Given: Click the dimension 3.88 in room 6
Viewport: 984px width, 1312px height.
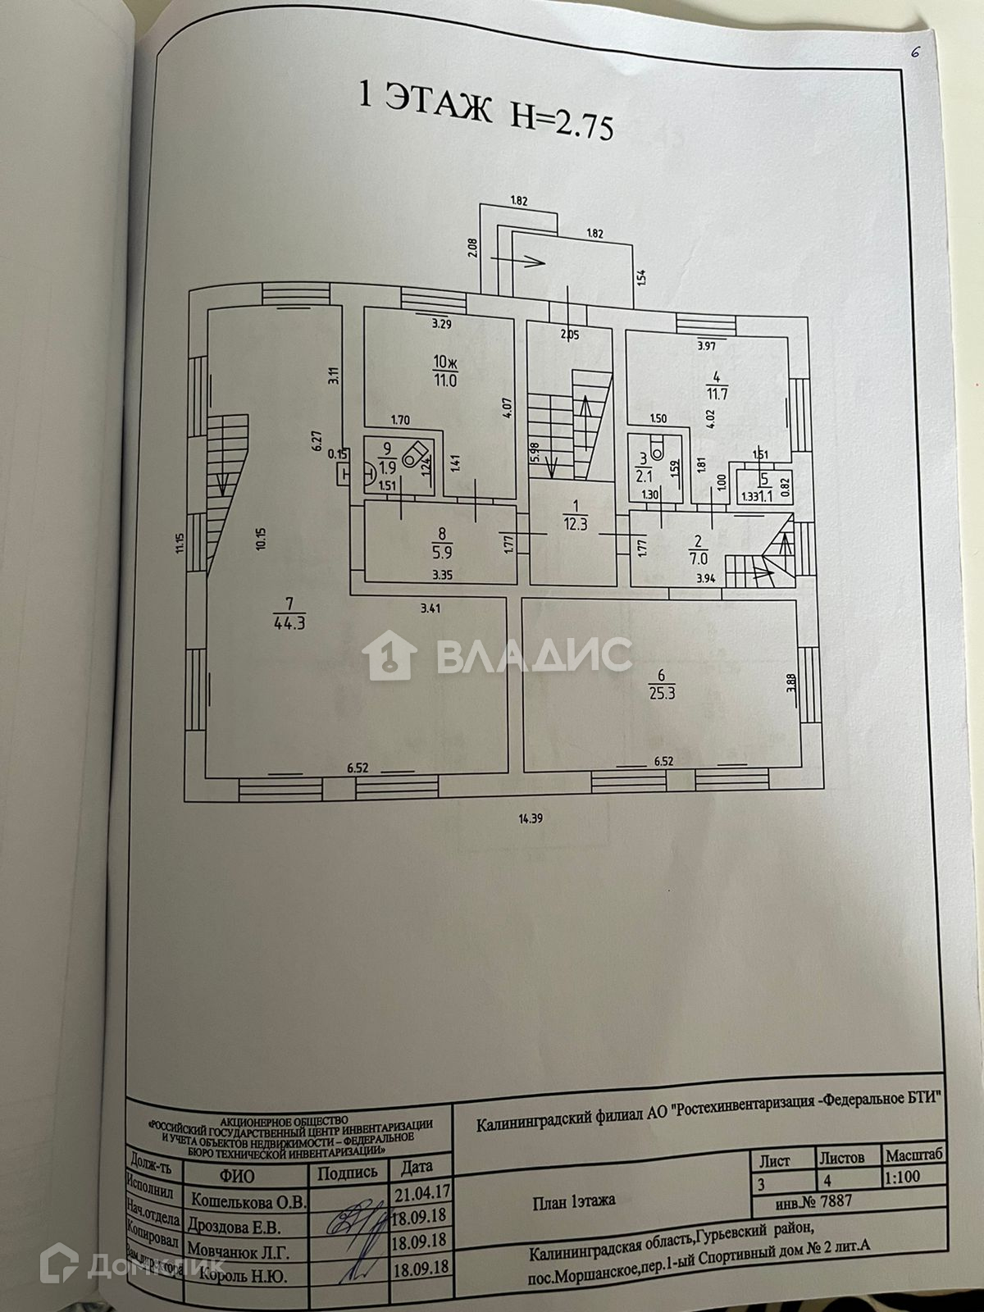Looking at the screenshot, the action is pyautogui.click(x=790, y=684).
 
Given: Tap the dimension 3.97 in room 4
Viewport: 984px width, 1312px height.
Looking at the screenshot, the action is pyautogui.click(x=706, y=345).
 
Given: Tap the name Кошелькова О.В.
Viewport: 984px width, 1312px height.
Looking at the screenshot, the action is pyautogui.click(x=248, y=1201).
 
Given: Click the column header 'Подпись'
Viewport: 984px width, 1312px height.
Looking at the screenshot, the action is pyautogui.click(x=348, y=1173).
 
